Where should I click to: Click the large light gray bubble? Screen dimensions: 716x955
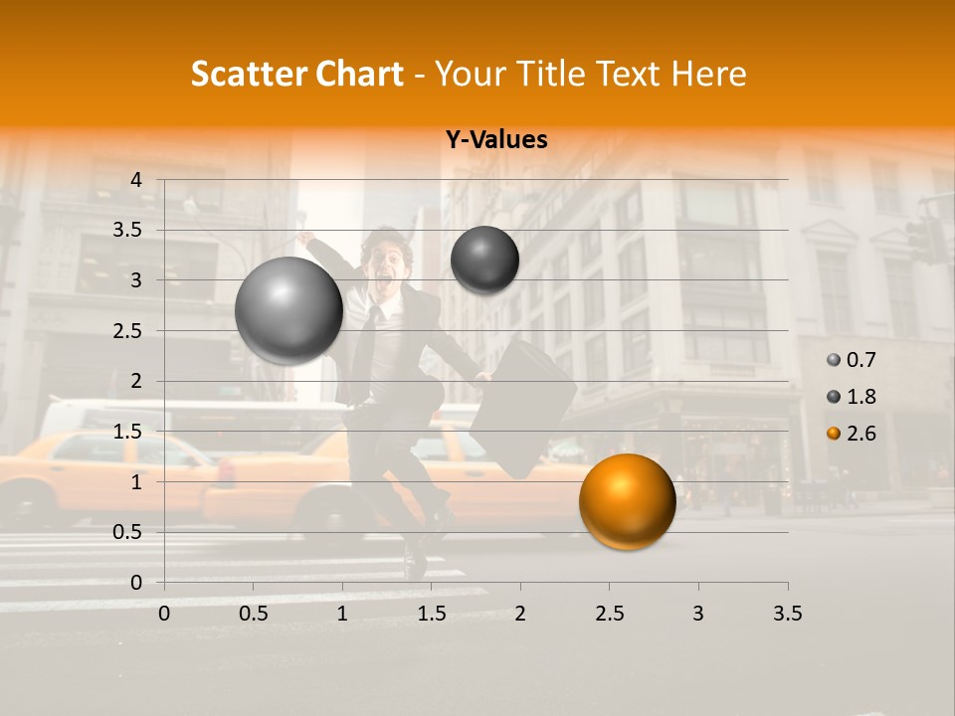[x=289, y=310]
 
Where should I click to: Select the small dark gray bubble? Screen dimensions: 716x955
[x=484, y=260]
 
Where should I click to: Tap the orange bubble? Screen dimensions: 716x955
[x=627, y=501]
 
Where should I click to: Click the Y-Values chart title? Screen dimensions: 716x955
[x=495, y=140]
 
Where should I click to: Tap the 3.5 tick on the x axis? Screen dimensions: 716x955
[x=787, y=614]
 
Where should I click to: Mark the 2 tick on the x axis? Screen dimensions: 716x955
[x=520, y=614]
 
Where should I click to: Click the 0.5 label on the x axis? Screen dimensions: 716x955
[x=254, y=614]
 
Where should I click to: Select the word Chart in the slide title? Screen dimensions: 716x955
[x=359, y=74]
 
